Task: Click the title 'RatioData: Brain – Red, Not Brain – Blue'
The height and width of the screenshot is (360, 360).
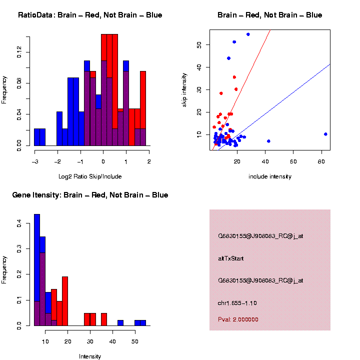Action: (x=90, y=15)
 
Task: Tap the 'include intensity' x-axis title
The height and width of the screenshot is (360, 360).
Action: (x=269, y=176)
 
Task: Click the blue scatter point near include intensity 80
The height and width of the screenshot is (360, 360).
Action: (x=325, y=134)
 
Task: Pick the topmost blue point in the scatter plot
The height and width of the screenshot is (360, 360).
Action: (x=248, y=34)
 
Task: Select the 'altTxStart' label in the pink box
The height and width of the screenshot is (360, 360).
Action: (x=230, y=258)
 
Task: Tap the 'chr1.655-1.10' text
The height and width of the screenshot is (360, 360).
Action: (x=237, y=303)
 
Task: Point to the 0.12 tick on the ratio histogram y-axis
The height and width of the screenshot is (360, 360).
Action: (x=20, y=52)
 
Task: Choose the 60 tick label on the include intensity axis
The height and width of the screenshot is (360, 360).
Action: (x=293, y=161)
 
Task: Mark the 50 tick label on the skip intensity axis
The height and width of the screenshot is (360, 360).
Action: (x=199, y=44)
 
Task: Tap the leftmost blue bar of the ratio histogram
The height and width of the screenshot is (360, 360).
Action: (x=39, y=137)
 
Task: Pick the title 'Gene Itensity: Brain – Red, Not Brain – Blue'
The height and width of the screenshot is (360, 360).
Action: (x=90, y=195)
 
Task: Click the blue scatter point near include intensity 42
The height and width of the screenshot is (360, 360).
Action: (x=268, y=141)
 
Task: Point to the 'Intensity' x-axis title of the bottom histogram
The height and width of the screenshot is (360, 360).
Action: (x=90, y=356)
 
